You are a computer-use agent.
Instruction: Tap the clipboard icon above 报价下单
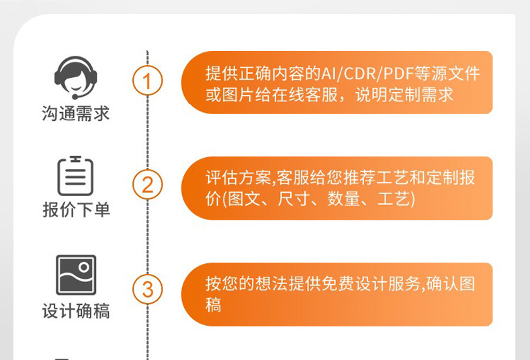(75, 176)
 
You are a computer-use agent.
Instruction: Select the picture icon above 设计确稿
(75, 275)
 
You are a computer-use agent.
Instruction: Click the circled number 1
(148, 82)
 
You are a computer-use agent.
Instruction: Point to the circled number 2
(148, 184)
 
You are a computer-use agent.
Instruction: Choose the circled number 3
(148, 290)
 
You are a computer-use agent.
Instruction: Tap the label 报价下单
(75, 210)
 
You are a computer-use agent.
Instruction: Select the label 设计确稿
(75, 312)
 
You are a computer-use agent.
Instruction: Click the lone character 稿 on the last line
(214, 304)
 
